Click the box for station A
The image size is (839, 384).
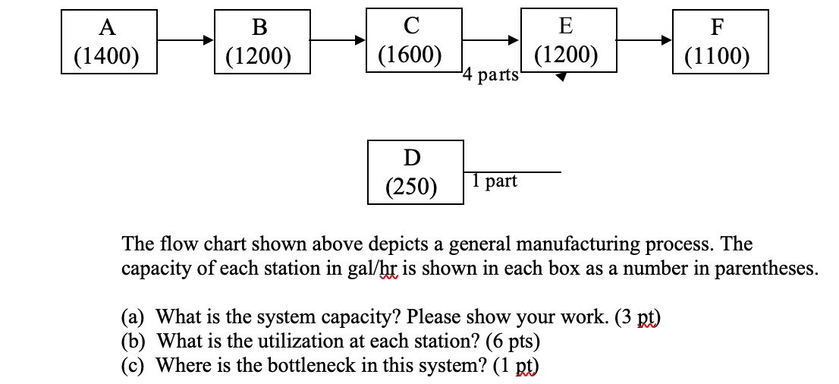[108, 42]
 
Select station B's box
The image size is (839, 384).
[262, 42]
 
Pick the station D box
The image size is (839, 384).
[415, 172]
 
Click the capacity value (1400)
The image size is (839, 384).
[107, 56]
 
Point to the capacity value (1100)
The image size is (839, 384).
[717, 57]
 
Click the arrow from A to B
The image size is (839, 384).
[186, 42]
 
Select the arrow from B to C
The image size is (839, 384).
[338, 42]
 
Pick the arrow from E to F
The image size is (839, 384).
[643, 40]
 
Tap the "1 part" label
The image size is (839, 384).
[494, 181]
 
